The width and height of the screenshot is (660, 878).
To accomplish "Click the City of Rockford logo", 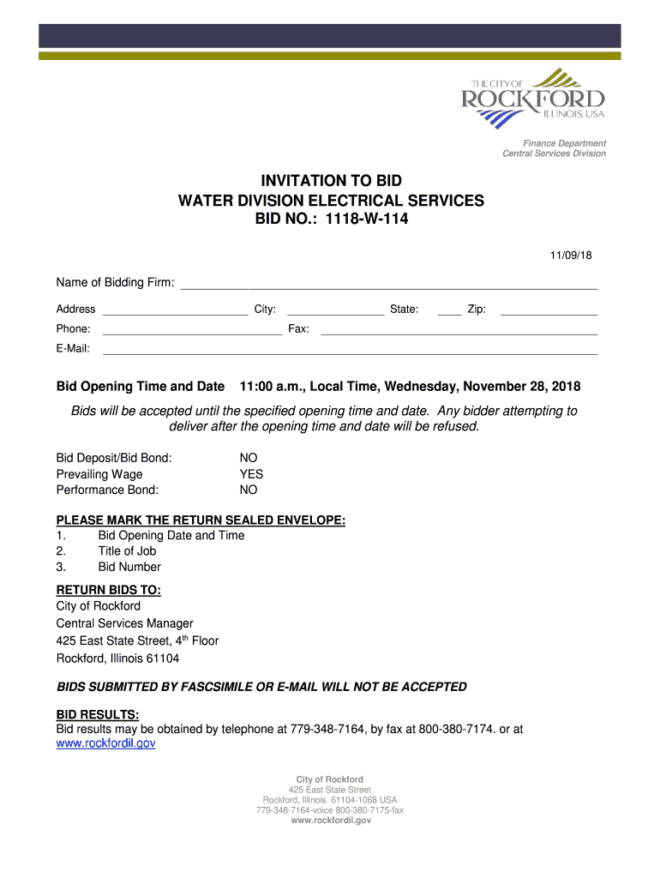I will coord(533,99).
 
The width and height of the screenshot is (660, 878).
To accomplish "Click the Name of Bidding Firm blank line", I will coord(387,285).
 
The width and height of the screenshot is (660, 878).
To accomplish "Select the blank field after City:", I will coord(335,310).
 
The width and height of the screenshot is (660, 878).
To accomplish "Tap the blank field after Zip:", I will coord(549,310).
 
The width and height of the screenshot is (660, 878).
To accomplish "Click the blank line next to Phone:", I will coord(192,330).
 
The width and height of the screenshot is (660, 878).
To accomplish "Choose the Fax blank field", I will coord(459,330).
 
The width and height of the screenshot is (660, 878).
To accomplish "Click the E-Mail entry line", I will coord(350,350).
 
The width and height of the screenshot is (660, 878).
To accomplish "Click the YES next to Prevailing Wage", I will coord(251,474).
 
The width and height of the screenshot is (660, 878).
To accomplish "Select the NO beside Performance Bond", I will coord(249,490).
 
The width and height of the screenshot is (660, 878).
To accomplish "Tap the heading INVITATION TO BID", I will coord(331,181).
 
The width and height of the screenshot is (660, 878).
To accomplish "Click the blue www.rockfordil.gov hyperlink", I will coord(105,744).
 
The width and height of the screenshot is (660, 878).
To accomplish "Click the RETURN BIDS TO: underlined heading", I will coord(108,590).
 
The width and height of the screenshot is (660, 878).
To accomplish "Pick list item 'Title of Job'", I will coord(127,551).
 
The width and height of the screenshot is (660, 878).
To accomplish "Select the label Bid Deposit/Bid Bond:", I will coord(114,458).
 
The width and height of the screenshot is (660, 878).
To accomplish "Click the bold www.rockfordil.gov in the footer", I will coord(331,821).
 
